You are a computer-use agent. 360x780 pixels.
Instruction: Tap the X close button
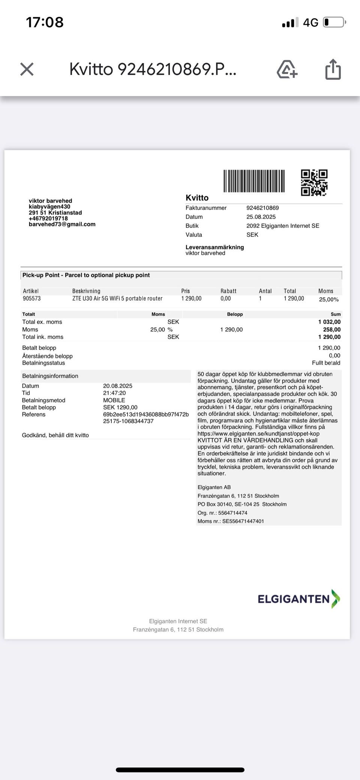click(x=27, y=69)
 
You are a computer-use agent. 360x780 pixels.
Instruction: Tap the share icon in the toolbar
click(x=333, y=69)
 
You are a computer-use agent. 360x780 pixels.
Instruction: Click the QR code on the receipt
click(x=314, y=183)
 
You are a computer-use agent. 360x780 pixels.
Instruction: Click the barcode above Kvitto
click(x=254, y=181)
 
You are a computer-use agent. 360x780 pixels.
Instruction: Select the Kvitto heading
click(x=197, y=198)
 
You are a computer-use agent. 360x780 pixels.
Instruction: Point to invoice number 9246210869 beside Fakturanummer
click(x=262, y=208)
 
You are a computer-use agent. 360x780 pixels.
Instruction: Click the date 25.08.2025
click(x=261, y=217)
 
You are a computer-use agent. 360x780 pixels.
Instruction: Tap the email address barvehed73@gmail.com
click(x=62, y=224)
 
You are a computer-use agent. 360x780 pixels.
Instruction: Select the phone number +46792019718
click(x=48, y=218)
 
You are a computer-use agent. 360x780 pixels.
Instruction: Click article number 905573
click(x=32, y=299)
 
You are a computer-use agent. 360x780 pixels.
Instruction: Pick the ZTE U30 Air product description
click(x=117, y=299)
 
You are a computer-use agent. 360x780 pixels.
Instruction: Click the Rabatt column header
click(x=228, y=291)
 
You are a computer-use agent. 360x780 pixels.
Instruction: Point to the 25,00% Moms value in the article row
click(x=329, y=299)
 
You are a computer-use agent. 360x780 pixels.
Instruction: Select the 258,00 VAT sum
click(x=332, y=329)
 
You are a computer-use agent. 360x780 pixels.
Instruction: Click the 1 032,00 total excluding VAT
click(x=329, y=322)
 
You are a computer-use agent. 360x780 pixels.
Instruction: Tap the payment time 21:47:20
click(x=114, y=393)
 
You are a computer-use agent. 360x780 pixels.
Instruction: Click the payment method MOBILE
click(x=114, y=400)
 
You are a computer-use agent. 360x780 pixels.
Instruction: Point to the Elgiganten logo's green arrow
click(x=336, y=599)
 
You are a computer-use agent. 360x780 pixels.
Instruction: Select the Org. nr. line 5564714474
click(x=222, y=513)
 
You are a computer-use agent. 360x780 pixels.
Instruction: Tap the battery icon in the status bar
click(x=334, y=23)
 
